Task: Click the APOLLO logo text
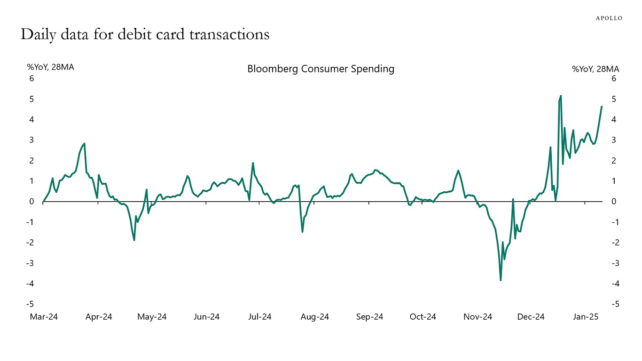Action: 609,18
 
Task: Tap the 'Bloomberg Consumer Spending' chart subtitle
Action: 321,69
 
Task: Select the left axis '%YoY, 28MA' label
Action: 50,67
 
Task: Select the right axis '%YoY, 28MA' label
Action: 595,69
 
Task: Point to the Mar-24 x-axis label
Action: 44,317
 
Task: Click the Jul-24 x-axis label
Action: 259,317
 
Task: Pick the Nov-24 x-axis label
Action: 478,317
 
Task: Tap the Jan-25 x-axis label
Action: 585,317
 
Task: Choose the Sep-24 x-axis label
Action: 369,317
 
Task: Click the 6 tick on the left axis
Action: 32,78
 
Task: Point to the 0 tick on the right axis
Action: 614,202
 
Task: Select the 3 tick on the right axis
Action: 614,140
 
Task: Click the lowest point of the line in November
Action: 501,280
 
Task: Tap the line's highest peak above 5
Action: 561,95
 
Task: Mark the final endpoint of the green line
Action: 602,106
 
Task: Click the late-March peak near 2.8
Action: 84,143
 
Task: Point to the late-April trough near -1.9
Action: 134,240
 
